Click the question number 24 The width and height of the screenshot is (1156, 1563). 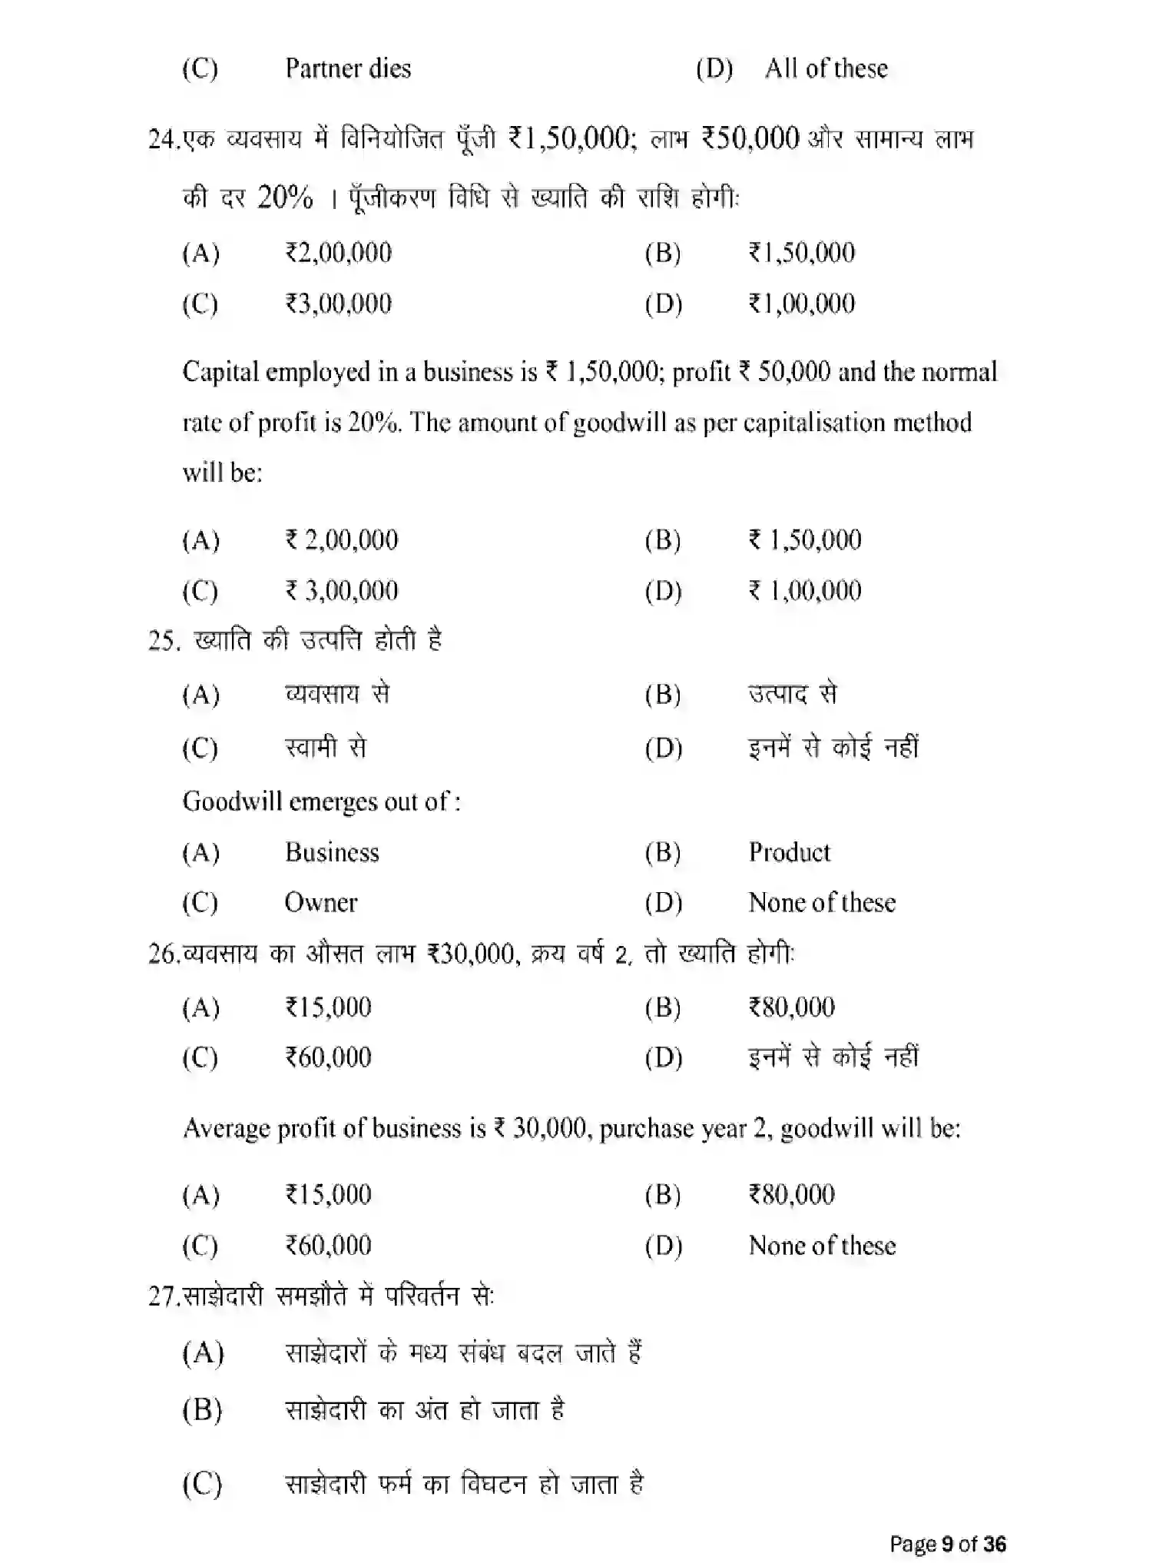coord(161,140)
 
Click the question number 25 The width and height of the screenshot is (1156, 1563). coord(164,641)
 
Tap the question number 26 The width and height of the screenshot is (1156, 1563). coord(161,954)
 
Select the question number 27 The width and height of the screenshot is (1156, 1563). coord(161,1297)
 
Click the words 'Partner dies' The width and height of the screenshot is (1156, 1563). coord(348,68)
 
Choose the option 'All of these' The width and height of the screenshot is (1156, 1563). coord(826,68)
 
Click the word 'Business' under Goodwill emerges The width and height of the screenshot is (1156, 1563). coord(332,852)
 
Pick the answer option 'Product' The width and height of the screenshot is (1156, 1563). coord(789,852)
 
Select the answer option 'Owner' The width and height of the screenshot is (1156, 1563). coord(320,902)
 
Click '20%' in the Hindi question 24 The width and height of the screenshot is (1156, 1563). coord(285,198)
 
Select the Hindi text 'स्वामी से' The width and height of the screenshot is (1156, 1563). coord(326,747)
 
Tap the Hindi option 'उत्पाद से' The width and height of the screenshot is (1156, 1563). coord(792,694)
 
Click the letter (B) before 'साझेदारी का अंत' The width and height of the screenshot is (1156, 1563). coord(202,1411)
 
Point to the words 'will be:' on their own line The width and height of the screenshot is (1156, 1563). coord(222,472)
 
